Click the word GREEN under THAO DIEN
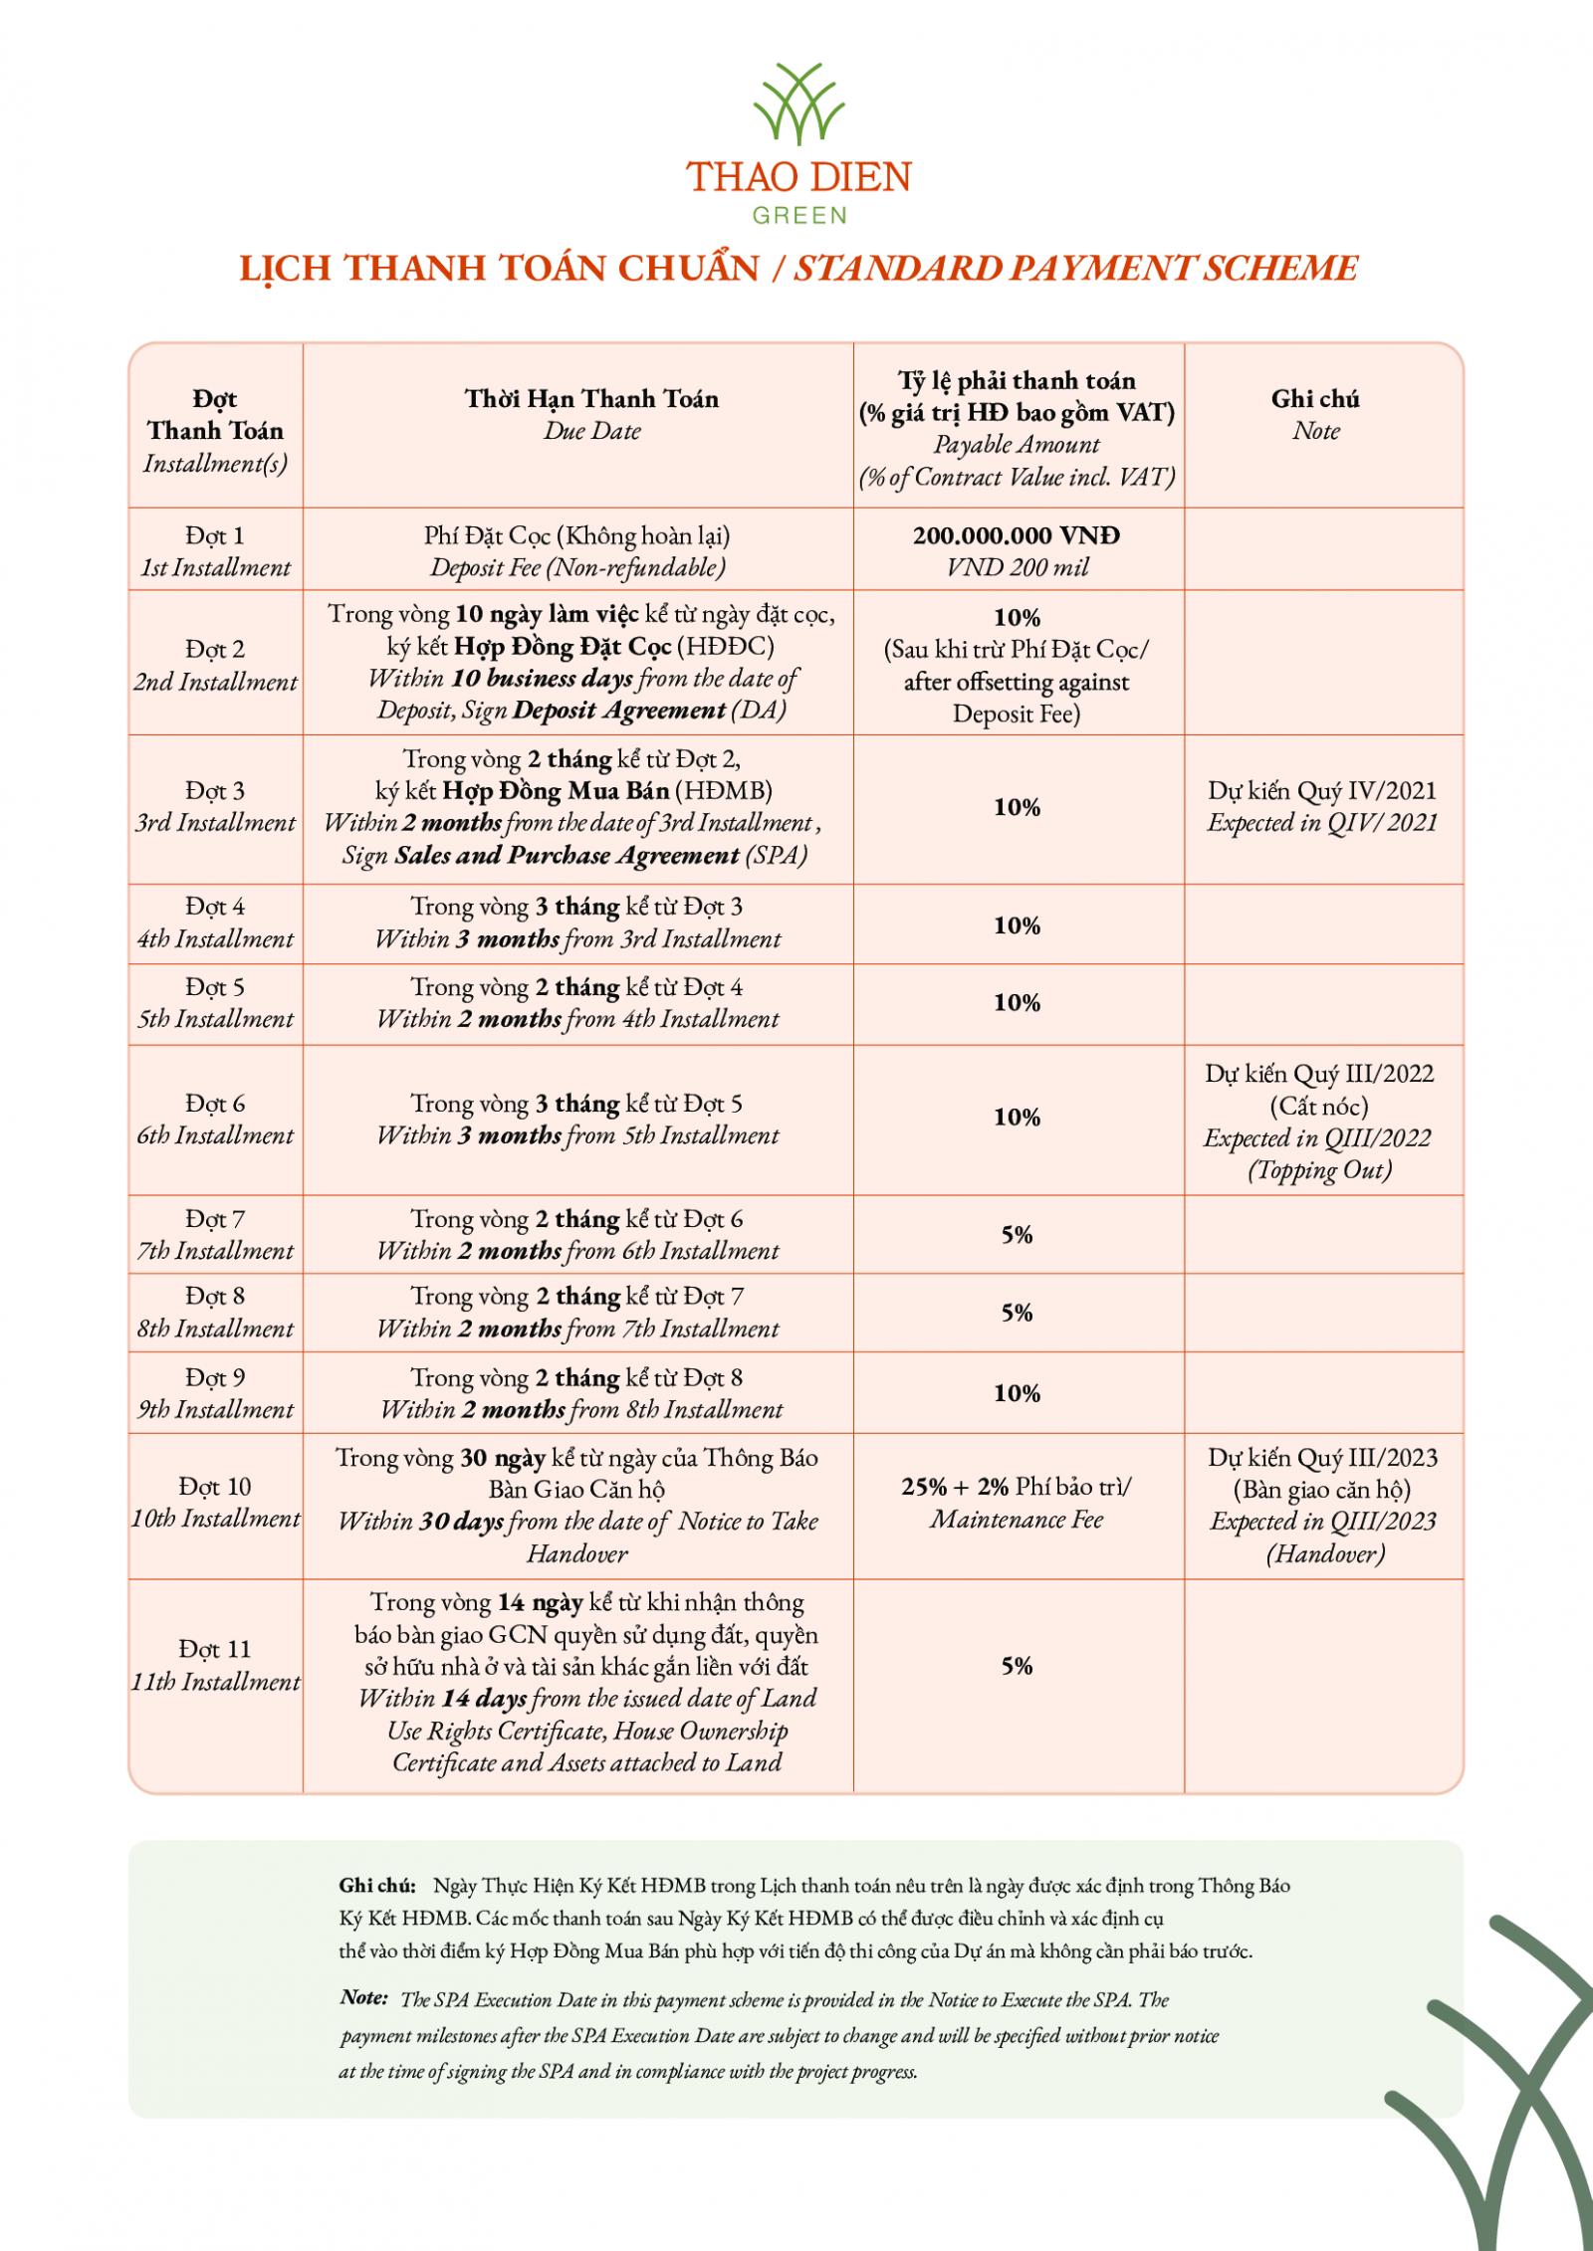tap(798, 215)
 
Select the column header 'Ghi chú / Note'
tap(1315, 414)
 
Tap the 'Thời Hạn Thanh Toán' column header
tap(591, 399)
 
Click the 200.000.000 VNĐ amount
tap(1016, 535)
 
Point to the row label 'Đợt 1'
tap(215, 535)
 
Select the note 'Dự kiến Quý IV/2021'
tap(1322, 791)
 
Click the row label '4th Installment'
tap(215, 938)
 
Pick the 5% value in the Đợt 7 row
tap(1017, 1235)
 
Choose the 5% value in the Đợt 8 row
tap(1017, 1313)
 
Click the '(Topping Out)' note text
tap(1319, 1170)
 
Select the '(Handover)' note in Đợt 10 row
tap(1325, 1553)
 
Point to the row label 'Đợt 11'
tap(215, 1649)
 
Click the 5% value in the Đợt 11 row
tap(1017, 1666)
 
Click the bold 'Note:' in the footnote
tap(363, 1997)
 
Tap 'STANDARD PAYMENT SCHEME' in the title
tap(1075, 268)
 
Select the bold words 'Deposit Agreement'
tap(618, 711)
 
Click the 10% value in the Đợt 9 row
tap(1017, 1393)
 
